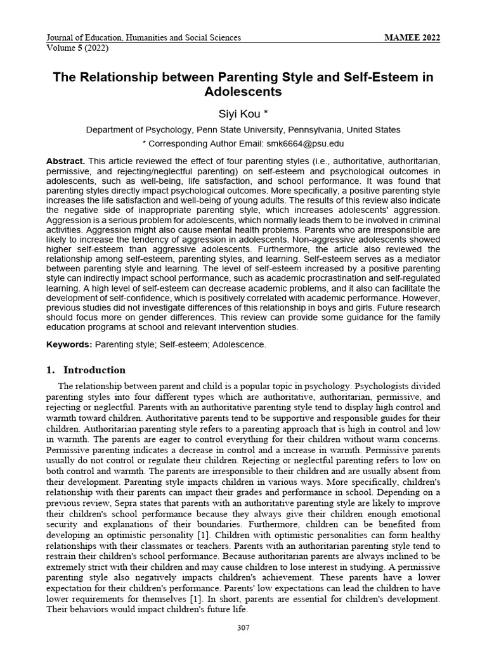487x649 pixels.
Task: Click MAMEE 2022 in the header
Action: click(x=412, y=37)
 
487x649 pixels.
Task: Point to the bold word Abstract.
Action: click(x=65, y=161)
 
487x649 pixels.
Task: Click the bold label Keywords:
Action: click(x=69, y=344)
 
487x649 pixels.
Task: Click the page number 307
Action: click(x=243, y=627)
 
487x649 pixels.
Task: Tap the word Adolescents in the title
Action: click(x=243, y=92)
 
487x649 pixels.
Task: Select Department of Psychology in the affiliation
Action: click(x=138, y=129)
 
